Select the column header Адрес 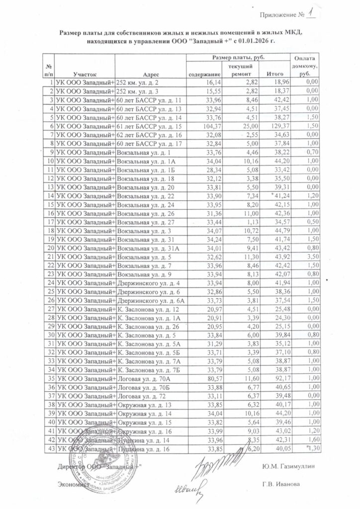click(x=150, y=74)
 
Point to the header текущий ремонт click(x=241, y=70)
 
